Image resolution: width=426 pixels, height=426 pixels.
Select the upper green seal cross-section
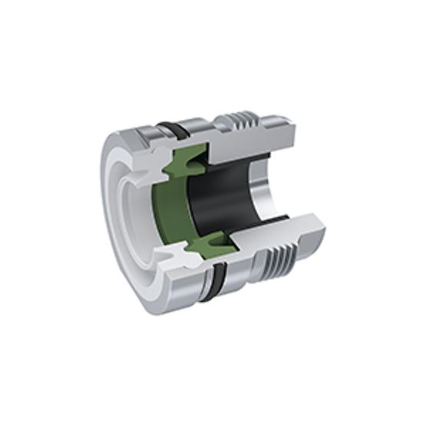coord(187,160)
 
